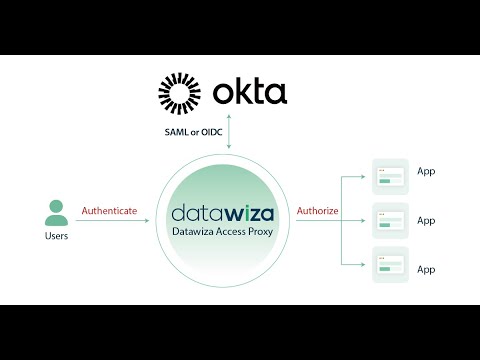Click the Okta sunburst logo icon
[x=184, y=93]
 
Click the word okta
[x=250, y=94]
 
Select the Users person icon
[x=56, y=213]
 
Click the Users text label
[x=57, y=237]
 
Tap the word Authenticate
[x=109, y=211]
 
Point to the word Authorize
[x=317, y=211]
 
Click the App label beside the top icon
[x=426, y=171]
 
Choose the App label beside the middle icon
[x=426, y=220]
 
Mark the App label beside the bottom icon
[x=426, y=269]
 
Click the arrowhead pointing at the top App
[x=364, y=176]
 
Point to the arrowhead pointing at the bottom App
[x=364, y=264]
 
